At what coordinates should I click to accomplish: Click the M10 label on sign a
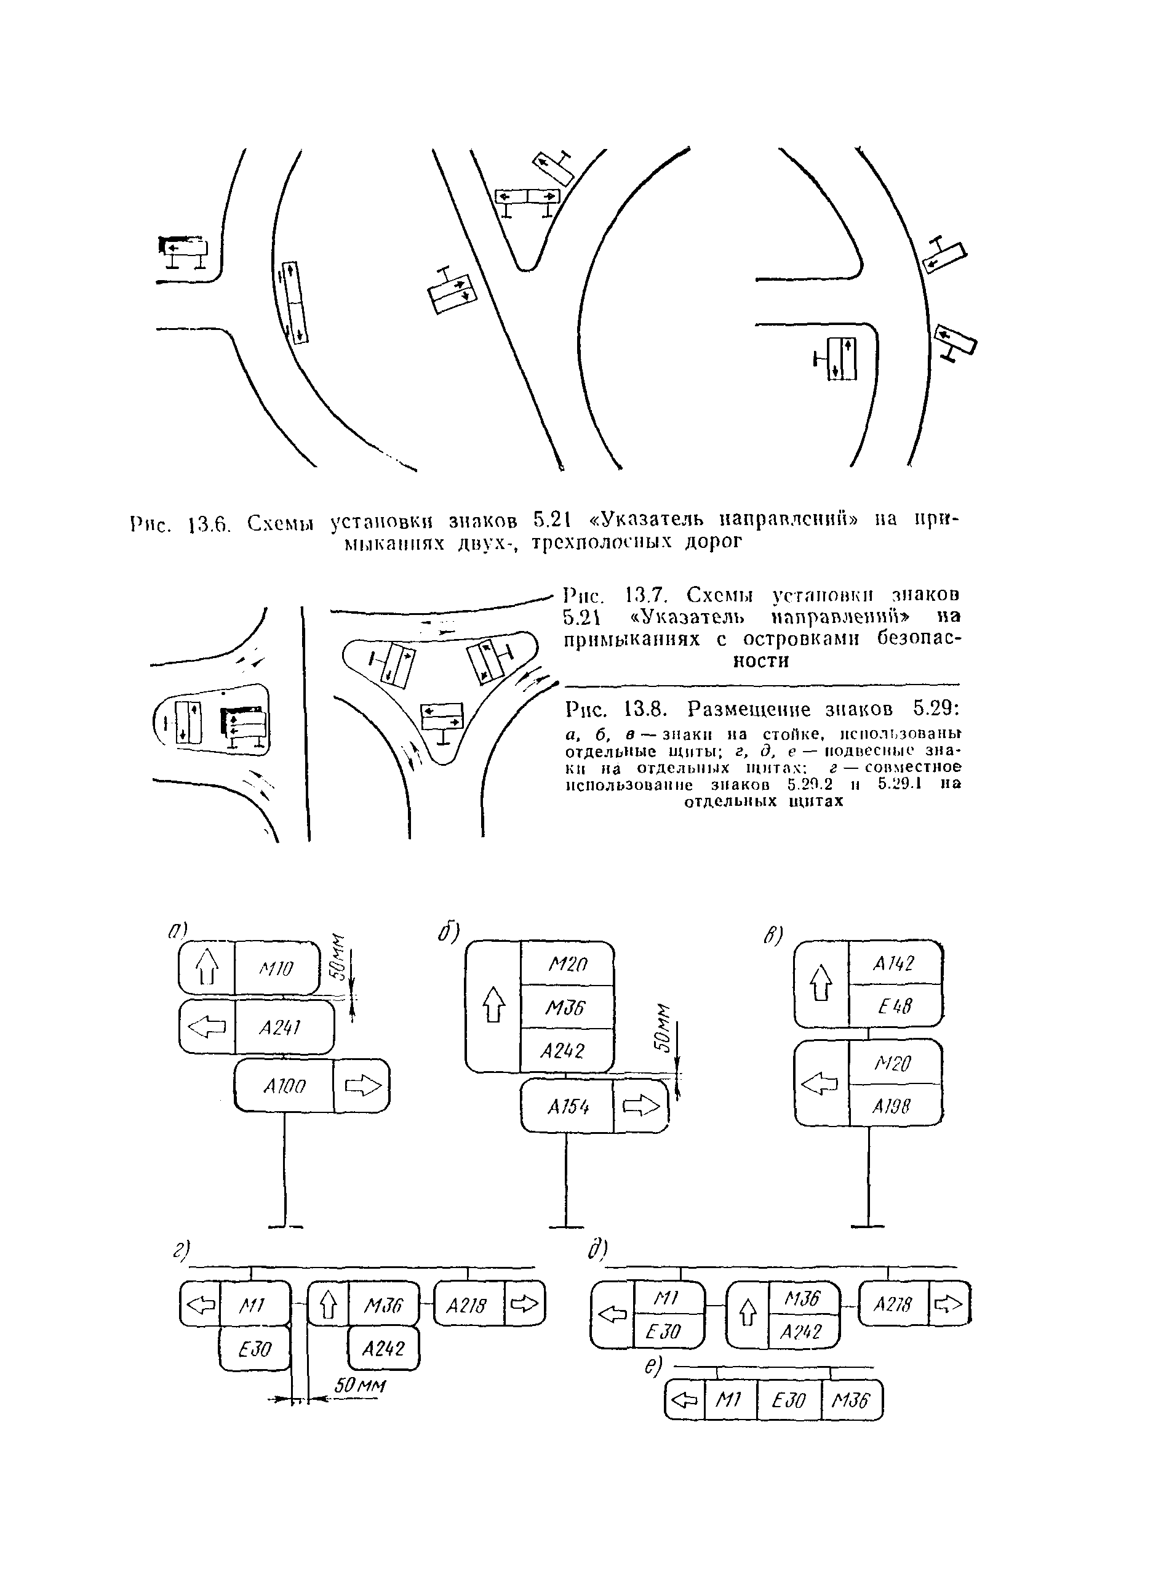click(x=276, y=969)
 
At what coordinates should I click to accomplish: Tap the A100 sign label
click(x=285, y=1087)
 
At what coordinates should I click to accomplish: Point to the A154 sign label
click(x=568, y=1107)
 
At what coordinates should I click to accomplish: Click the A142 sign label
click(x=893, y=963)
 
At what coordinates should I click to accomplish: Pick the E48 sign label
click(x=894, y=1006)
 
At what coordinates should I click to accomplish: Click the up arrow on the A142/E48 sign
click(x=821, y=983)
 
